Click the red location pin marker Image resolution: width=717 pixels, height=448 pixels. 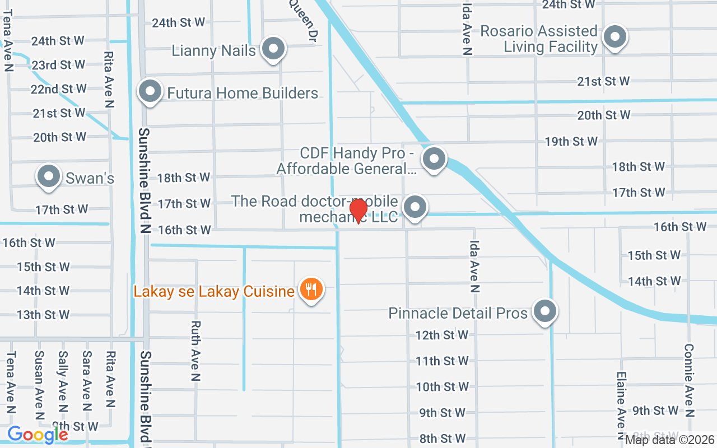(358, 211)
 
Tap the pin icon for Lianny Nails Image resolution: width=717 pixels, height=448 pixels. (273, 48)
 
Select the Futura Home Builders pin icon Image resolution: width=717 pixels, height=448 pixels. (150, 92)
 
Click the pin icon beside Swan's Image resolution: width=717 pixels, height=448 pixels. (49, 176)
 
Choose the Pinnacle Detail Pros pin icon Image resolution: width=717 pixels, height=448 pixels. (544, 312)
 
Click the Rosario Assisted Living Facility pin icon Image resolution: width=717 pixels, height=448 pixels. (614, 37)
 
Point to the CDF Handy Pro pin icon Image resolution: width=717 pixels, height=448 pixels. (434, 159)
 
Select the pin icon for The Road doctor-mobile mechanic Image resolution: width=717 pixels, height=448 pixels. (415, 207)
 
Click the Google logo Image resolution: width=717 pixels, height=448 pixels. (38, 435)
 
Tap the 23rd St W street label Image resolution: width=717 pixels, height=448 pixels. (58, 65)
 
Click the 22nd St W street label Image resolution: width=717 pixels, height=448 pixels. (59, 89)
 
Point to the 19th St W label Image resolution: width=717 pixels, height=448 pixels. (571, 141)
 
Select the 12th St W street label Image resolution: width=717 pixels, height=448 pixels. (441, 335)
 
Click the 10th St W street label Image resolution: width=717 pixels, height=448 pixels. (443, 387)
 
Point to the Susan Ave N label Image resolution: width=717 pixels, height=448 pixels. (39, 385)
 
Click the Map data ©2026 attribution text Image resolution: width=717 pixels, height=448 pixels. (670, 440)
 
